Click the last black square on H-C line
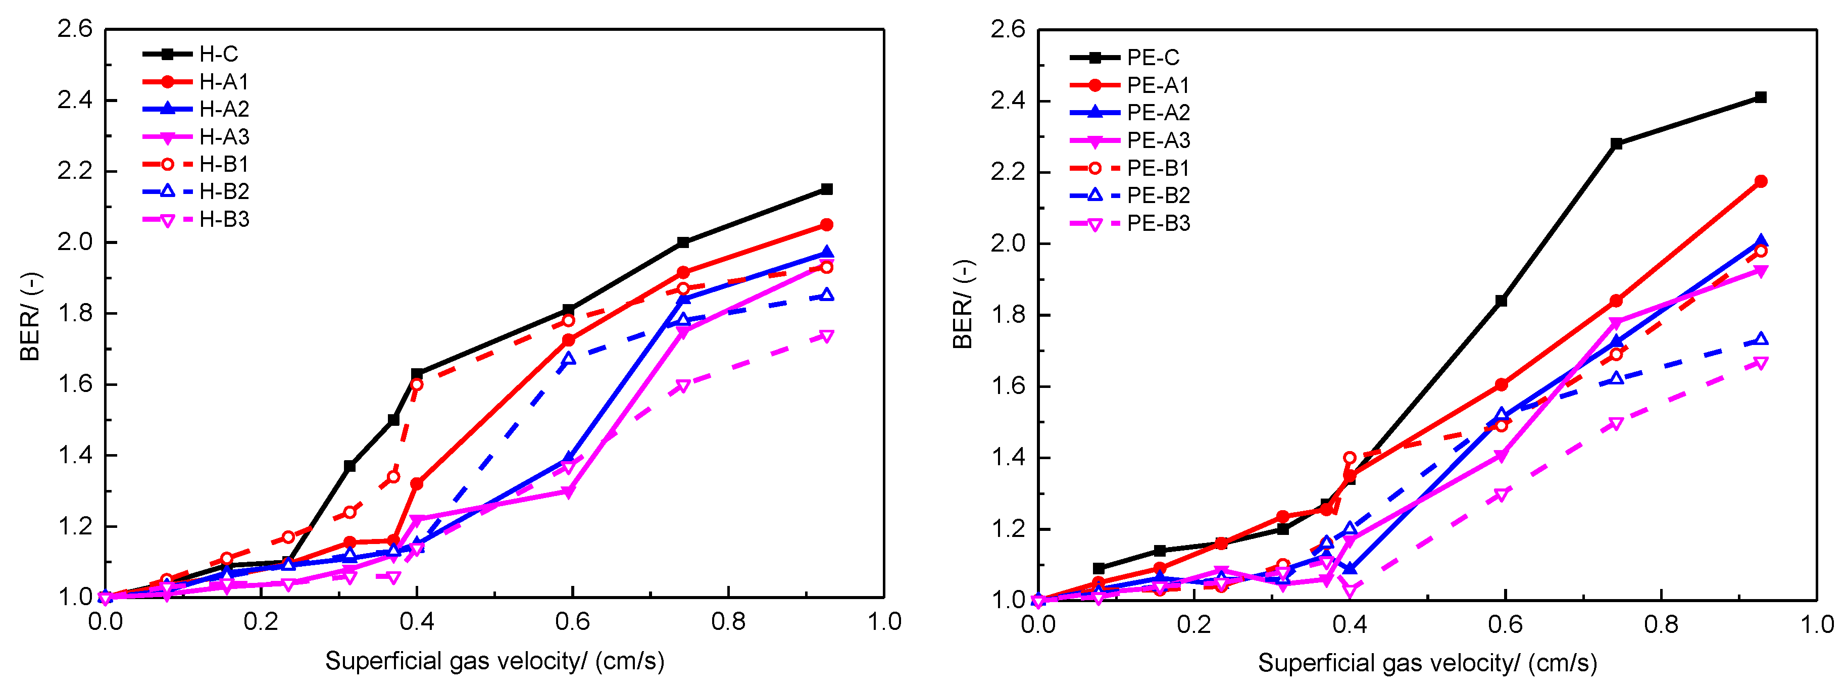click(x=826, y=189)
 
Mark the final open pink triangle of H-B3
click(x=826, y=336)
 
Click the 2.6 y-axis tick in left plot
click(x=75, y=29)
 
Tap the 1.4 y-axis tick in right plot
click(x=1009, y=457)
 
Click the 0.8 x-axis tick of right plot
click(x=1661, y=623)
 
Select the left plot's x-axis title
click(x=494, y=661)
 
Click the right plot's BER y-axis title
click(x=963, y=305)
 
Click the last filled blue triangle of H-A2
click(x=826, y=253)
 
